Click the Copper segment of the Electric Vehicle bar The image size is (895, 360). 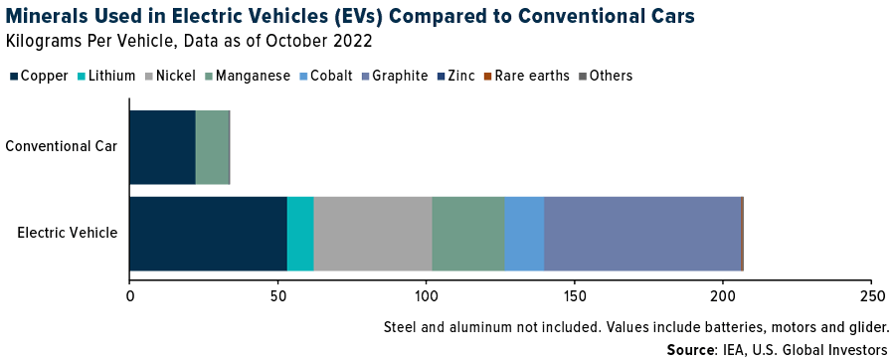(208, 234)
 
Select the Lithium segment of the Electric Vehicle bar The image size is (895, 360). (300, 234)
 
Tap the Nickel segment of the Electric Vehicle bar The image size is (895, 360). (373, 234)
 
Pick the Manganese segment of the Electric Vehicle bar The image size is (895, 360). (468, 234)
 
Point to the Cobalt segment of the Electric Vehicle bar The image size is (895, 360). (524, 234)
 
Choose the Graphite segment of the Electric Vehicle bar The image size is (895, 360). (642, 234)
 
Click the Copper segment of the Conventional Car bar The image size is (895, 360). (162, 147)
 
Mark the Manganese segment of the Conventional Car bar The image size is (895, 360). (212, 147)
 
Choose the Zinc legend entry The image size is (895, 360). (458, 76)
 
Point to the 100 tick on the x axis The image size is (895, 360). (427, 295)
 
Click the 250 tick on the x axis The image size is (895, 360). (872, 295)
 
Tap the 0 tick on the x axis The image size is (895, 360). (129, 295)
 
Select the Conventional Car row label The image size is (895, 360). (62, 147)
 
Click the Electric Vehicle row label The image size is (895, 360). (68, 234)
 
